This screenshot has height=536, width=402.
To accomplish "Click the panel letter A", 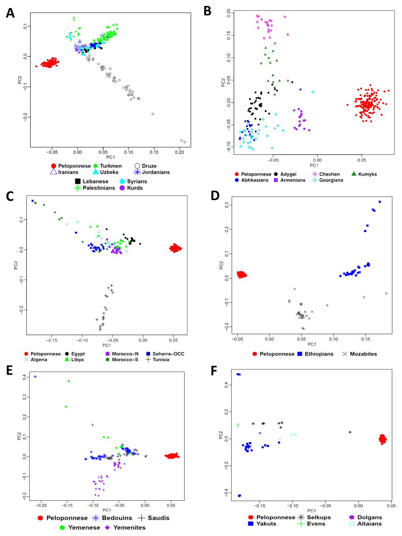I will click(x=10, y=13).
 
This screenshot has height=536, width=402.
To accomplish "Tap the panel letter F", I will click(x=214, y=371).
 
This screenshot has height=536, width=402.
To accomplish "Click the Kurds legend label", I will click(x=135, y=188).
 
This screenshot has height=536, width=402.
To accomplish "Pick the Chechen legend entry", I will click(x=329, y=174).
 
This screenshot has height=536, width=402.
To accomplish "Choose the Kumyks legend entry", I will click(x=367, y=174).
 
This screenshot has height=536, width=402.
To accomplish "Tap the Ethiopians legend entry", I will click(x=319, y=354).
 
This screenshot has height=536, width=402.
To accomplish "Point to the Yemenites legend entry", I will click(x=129, y=527).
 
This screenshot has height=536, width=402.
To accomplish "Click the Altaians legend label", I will click(x=369, y=524).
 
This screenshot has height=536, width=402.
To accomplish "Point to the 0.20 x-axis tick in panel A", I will click(x=180, y=152).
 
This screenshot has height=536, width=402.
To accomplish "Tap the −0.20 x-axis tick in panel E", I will click(x=41, y=505).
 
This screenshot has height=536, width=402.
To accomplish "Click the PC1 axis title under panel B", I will click(x=314, y=165).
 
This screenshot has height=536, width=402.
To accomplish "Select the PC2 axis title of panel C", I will click(x=16, y=265).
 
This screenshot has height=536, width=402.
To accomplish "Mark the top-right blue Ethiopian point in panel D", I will click(x=380, y=202).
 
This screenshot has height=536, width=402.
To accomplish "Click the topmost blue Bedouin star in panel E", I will click(x=35, y=377).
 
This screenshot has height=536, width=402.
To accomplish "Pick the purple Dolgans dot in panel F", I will click(x=260, y=433).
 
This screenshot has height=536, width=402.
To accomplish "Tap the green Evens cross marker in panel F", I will click(x=238, y=425).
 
